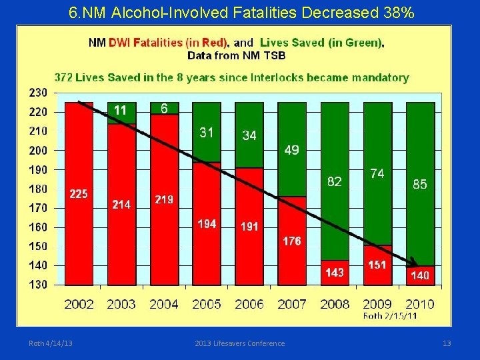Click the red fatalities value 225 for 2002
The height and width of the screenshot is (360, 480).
pyautogui.click(x=79, y=194)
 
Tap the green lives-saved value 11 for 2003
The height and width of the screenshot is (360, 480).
pyautogui.click(x=121, y=110)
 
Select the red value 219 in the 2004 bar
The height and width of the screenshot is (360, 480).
pyautogui.click(x=164, y=199)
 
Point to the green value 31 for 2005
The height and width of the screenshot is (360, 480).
pyautogui.click(x=207, y=133)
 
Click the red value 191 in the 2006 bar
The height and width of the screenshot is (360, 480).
pyautogui.click(x=249, y=227)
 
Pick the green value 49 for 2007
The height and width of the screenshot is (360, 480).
pyautogui.click(x=291, y=151)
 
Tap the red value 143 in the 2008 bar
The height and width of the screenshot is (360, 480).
pyautogui.click(x=334, y=272)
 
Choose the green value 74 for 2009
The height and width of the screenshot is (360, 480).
pyautogui.click(x=377, y=173)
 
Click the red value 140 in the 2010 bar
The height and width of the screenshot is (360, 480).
pyautogui.click(x=419, y=275)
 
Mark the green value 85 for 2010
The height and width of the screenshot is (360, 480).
pyautogui.click(x=419, y=184)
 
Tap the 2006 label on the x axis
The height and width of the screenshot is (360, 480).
pyautogui.click(x=249, y=304)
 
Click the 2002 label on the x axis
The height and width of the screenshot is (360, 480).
pyautogui.click(x=79, y=304)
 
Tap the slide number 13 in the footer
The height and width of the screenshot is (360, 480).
pyautogui.click(x=447, y=343)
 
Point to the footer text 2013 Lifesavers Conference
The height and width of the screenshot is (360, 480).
pyautogui.click(x=239, y=343)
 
